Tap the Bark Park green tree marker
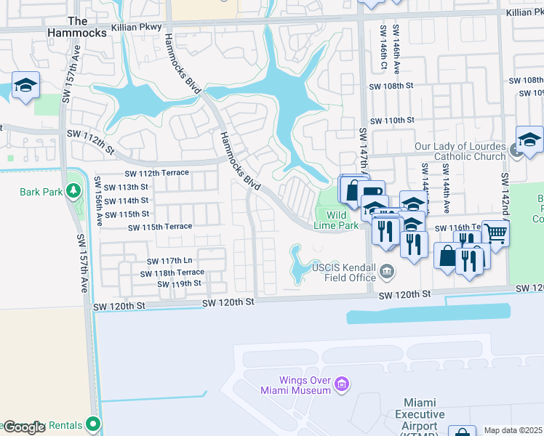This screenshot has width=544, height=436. point(73,190)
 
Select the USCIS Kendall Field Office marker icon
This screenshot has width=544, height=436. point(387,272)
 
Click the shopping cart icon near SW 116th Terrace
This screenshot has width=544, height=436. point(495,233)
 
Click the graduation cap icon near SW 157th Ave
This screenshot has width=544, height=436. point(25,86)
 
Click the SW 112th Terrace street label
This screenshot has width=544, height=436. point(156,173)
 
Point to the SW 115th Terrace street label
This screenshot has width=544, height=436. point(160,227)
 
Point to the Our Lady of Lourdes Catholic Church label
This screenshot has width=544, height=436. point(460,151)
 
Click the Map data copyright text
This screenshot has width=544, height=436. point(513,430)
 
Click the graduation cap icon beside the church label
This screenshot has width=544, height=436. point(529,140)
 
